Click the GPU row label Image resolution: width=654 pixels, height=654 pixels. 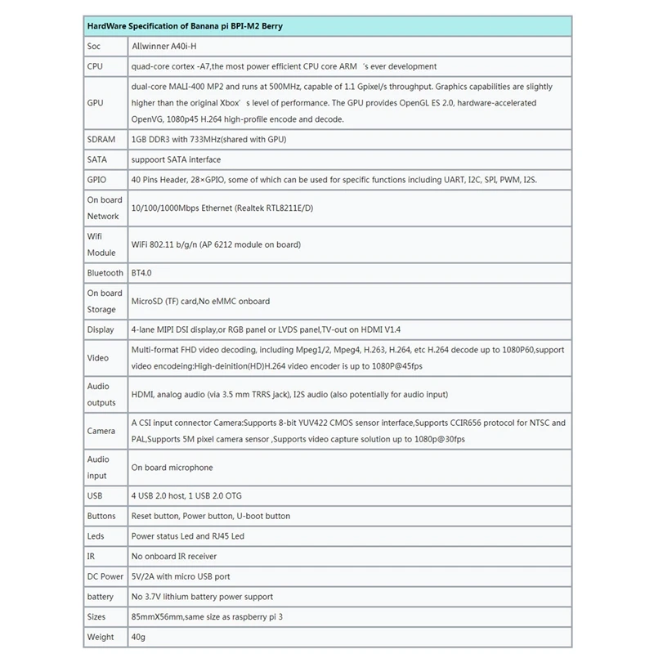[95, 103]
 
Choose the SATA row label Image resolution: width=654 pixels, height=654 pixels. [96, 159]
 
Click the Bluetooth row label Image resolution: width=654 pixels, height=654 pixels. [105, 272]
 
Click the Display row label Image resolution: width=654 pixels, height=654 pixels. [101, 329]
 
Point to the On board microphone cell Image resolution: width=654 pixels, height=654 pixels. [172, 468]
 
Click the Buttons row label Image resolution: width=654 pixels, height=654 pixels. [101, 516]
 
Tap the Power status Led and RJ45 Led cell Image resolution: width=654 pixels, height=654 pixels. [187, 536]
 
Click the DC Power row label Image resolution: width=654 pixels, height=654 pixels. [105, 576]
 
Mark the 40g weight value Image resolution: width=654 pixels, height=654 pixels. [139, 637]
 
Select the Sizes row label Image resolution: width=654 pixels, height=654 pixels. [97, 616]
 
